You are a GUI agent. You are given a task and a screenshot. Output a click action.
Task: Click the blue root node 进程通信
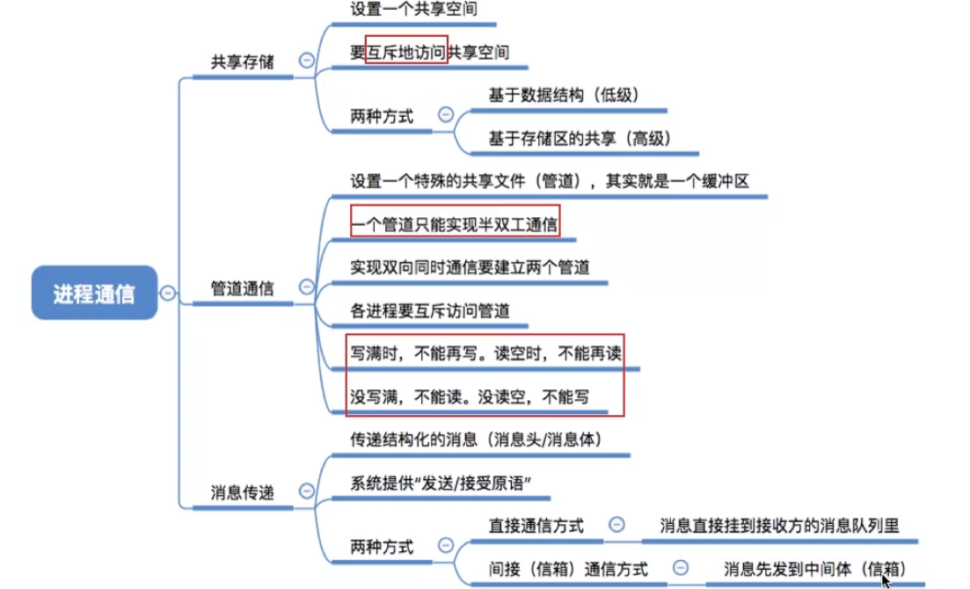(x=94, y=293)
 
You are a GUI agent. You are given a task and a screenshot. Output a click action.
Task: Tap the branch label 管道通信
(x=242, y=287)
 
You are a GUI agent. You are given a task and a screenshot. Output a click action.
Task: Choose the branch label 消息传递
(x=242, y=491)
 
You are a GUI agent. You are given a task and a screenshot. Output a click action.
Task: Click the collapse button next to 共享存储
(x=307, y=61)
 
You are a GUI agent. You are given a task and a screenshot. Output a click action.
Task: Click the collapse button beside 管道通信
(x=307, y=286)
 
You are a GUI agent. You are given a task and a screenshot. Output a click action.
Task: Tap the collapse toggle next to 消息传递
(x=307, y=491)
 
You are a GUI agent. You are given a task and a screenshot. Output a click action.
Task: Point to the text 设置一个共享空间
(x=407, y=11)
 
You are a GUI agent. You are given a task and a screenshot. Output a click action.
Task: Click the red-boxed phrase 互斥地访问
(x=406, y=52)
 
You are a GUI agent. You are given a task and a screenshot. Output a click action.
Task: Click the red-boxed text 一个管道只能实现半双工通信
(x=454, y=224)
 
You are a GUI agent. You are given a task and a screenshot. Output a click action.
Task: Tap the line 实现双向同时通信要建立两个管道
(x=470, y=266)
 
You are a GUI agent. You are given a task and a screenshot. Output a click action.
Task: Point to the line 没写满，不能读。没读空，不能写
(x=470, y=396)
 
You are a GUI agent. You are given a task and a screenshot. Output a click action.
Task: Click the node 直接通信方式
(x=536, y=526)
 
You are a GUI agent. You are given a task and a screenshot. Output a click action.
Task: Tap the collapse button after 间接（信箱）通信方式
(x=681, y=568)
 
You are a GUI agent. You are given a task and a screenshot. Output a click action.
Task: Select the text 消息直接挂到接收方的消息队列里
(x=779, y=526)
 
